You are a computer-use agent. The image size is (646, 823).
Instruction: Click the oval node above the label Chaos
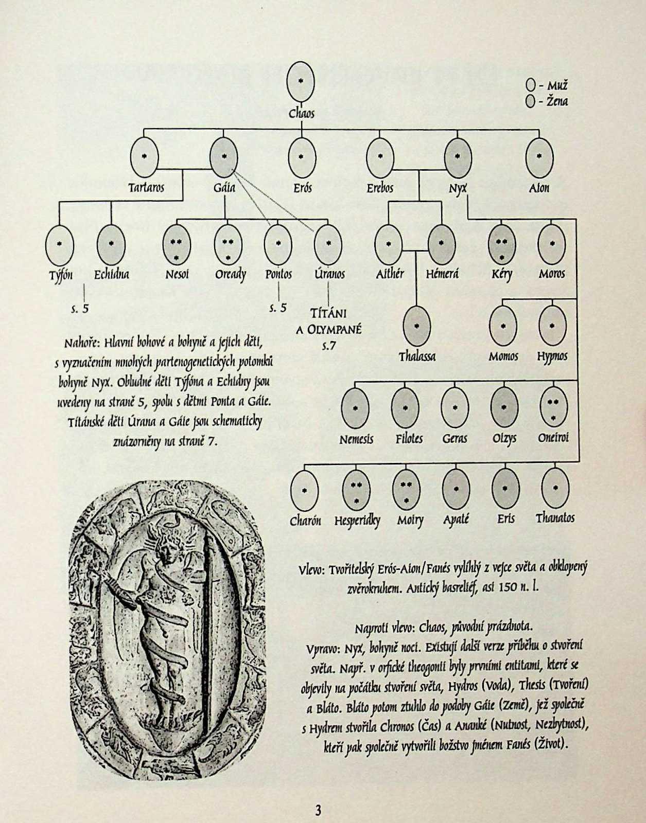(x=301, y=82)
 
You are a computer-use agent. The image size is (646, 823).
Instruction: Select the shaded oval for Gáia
(x=224, y=157)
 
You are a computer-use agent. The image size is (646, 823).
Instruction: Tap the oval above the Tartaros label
(x=145, y=157)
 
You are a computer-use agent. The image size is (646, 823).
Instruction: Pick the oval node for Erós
(x=302, y=157)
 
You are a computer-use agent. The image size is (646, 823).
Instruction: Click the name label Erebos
(x=380, y=188)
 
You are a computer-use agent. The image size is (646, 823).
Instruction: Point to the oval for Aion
(x=539, y=157)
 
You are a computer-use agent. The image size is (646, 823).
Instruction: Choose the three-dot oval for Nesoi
(x=177, y=244)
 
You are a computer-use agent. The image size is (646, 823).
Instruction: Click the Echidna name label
(x=111, y=274)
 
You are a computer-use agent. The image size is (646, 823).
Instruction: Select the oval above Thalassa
(x=416, y=326)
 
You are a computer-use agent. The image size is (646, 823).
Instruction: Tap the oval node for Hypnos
(x=552, y=326)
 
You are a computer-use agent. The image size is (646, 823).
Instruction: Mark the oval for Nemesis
(x=356, y=407)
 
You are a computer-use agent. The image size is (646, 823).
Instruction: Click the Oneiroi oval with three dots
(x=553, y=407)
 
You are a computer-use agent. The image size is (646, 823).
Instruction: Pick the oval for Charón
(x=305, y=489)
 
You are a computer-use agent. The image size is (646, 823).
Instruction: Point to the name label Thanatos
(x=555, y=518)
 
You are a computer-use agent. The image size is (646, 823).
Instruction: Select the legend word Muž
(x=557, y=85)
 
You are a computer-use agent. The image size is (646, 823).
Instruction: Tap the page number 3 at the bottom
(x=318, y=811)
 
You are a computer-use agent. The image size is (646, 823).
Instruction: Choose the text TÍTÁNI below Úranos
(x=328, y=313)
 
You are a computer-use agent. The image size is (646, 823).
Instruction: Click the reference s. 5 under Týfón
(x=80, y=309)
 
